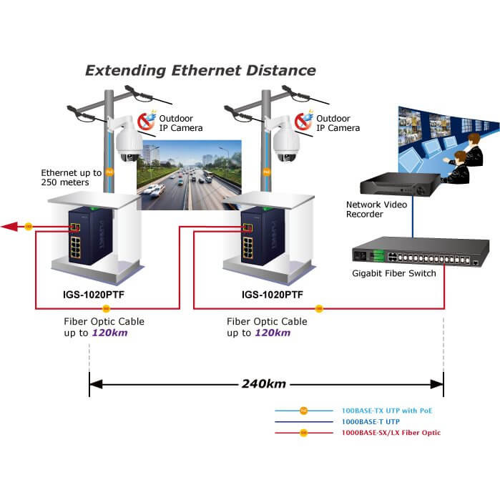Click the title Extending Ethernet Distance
tap(200, 70)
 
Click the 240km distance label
tap(263, 384)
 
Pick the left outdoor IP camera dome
tap(129, 143)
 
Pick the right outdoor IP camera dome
tap(287, 143)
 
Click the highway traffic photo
tap(190, 175)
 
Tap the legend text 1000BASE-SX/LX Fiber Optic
tap(391, 433)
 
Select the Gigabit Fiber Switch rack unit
tap(419, 253)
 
